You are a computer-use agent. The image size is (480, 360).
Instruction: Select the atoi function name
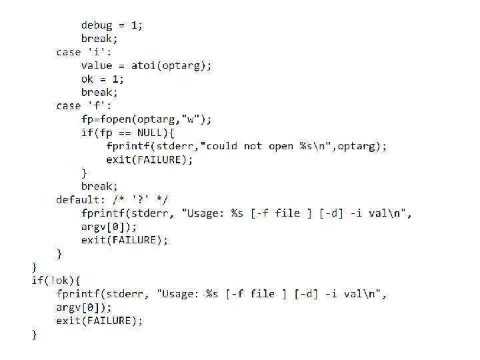[x=143, y=65]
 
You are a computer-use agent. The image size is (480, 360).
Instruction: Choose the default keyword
[x=77, y=199]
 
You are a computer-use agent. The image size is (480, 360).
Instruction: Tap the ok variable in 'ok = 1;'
[x=87, y=79]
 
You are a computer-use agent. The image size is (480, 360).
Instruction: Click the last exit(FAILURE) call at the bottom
[x=99, y=321]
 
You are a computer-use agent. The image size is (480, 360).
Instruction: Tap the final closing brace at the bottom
[x=35, y=334]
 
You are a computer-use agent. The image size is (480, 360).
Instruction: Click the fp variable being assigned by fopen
[x=87, y=119]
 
